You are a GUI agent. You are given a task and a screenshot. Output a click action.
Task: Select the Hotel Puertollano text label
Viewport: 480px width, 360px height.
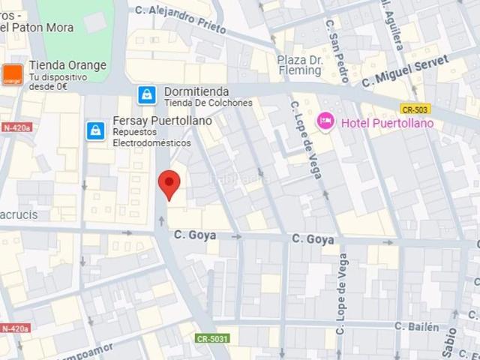point(387,123)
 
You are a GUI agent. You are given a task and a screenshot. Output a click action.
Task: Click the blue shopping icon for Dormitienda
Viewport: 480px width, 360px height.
point(147,95)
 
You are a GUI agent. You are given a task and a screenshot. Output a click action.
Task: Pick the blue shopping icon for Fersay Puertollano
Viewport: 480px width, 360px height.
point(95,130)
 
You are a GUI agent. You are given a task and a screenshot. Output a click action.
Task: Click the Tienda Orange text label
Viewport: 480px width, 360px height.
point(67,65)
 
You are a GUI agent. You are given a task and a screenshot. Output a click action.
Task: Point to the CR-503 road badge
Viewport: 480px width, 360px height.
point(415,109)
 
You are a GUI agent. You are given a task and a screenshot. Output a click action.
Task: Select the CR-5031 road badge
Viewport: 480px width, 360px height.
point(213,339)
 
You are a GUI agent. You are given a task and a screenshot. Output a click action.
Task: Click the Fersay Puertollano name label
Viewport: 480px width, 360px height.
point(161,120)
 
